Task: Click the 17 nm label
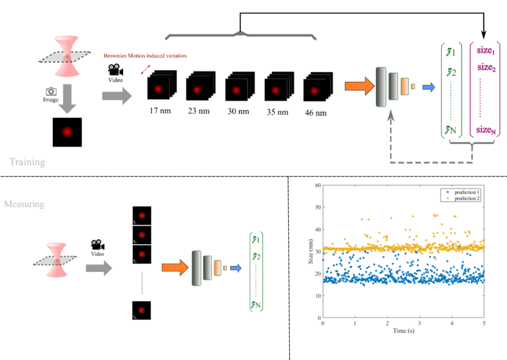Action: click(x=160, y=111)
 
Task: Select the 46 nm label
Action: click(x=315, y=113)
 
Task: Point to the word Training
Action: click(x=27, y=161)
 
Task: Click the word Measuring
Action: click(x=25, y=204)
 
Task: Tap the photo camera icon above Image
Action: click(x=51, y=91)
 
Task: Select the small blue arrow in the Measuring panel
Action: click(x=236, y=268)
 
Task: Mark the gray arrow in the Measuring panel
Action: click(x=98, y=268)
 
